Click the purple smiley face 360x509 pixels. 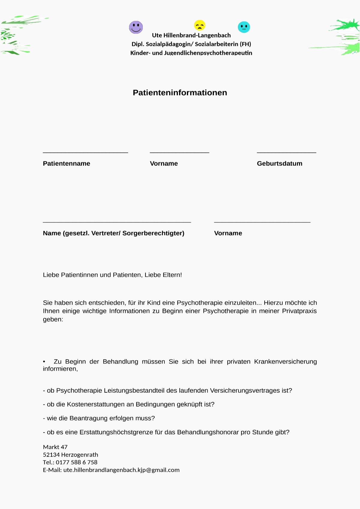point(136,27)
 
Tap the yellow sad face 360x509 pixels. point(199,25)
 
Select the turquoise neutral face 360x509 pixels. point(244,27)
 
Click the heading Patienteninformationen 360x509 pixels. point(180,93)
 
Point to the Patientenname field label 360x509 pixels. point(66,163)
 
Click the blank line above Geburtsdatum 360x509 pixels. point(286,153)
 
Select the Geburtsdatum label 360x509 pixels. point(279,163)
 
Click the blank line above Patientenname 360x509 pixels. point(85,153)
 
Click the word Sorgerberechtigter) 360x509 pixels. point(153,233)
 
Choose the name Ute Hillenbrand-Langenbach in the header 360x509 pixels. point(191,35)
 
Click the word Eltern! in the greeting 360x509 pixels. point(172,275)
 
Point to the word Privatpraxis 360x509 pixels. point(299,311)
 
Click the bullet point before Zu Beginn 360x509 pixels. point(44,362)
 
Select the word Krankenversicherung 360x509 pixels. point(285,362)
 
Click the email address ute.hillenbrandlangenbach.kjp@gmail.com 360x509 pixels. point(121,470)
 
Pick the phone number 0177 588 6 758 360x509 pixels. point(76,462)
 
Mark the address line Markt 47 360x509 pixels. point(55,447)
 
